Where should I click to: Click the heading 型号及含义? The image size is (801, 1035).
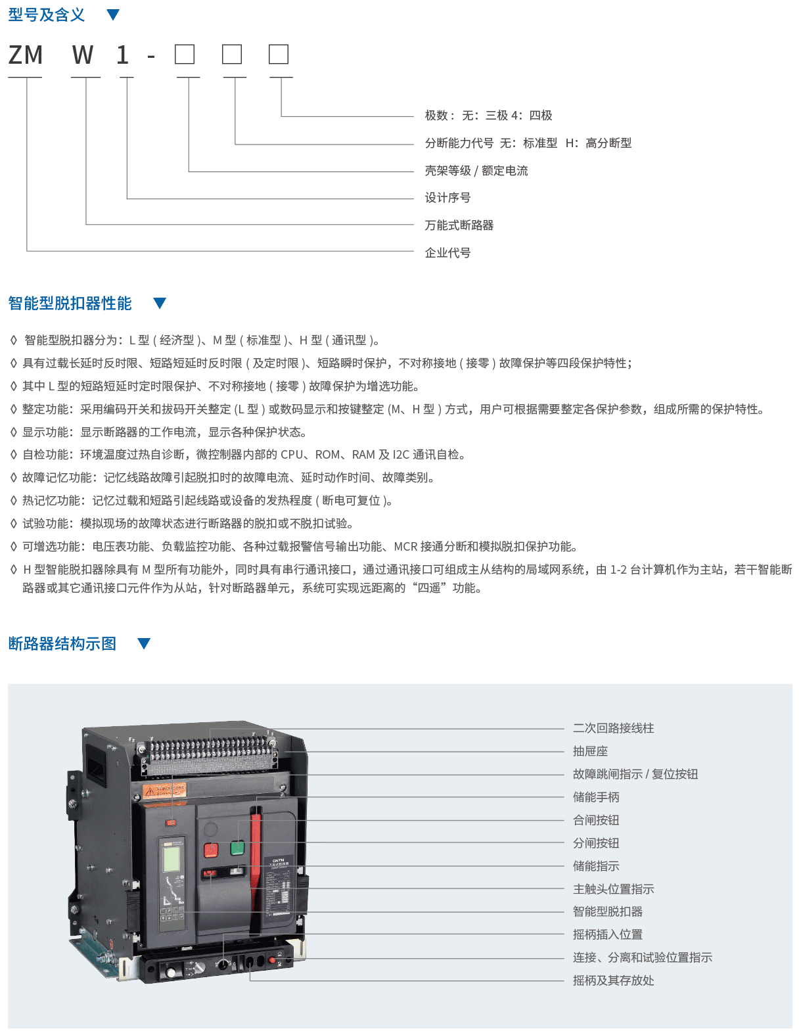pyautogui.click(x=46, y=14)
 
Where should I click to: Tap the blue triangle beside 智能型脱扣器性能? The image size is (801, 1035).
pyautogui.click(x=160, y=303)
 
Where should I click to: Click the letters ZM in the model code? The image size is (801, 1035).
pyautogui.click(x=26, y=55)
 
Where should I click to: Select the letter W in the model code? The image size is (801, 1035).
pyautogui.click(x=82, y=55)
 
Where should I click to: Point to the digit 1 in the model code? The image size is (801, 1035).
pyautogui.click(x=122, y=55)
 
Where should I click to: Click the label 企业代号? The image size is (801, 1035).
pyautogui.click(x=447, y=252)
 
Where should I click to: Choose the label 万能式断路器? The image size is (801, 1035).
pyautogui.click(x=459, y=225)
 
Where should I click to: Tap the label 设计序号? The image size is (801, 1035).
pyautogui.click(x=447, y=197)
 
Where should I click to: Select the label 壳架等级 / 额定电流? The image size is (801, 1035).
pyautogui.click(x=476, y=170)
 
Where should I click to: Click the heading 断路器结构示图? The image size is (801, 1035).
pyautogui.click(x=62, y=643)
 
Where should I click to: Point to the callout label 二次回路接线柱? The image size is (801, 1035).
pyautogui.click(x=613, y=728)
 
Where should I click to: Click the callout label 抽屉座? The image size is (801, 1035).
pyautogui.click(x=591, y=751)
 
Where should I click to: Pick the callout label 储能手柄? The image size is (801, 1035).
pyautogui.click(x=596, y=797)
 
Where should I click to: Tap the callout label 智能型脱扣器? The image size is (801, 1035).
pyautogui.click(x=608, y=911)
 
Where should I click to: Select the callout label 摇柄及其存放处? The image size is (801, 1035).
pyautogui.click(x=613, y=980)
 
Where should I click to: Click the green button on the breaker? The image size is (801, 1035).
pyautogui.click(x=237, y=848)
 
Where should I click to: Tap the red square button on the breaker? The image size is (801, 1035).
pyautogui.click(x=211, y=850)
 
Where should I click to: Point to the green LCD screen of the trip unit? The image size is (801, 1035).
pyautogui.click(x=172, y=855)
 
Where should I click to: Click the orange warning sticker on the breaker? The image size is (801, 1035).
pyautogui.click(x=164, y=791)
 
